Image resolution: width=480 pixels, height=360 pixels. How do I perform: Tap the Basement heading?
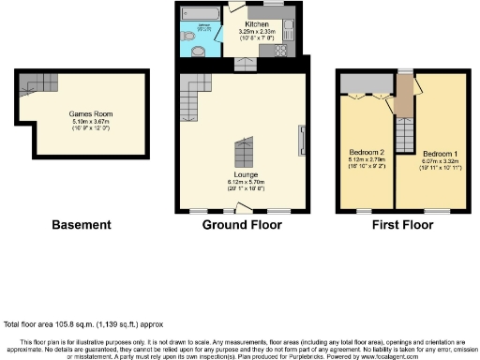(x=82, y=225)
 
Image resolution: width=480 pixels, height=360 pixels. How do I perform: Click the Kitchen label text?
(x=258, y=23)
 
